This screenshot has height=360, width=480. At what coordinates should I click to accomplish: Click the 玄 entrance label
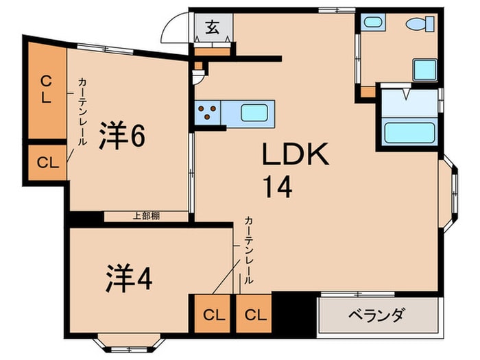pos(212,27)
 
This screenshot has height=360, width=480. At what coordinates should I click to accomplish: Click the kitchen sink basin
pos(256,111)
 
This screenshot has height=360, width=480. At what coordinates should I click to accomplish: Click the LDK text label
pos(296,155)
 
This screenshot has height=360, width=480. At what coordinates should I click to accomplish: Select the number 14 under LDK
pos(276,186)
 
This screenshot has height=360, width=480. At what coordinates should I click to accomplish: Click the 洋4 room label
pos(128,278)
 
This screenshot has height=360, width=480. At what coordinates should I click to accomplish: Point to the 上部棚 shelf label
pos(146,216)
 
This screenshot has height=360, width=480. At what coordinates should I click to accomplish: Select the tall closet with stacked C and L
pos(46,88)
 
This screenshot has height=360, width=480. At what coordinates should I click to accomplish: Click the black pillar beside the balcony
pos(294,313)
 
